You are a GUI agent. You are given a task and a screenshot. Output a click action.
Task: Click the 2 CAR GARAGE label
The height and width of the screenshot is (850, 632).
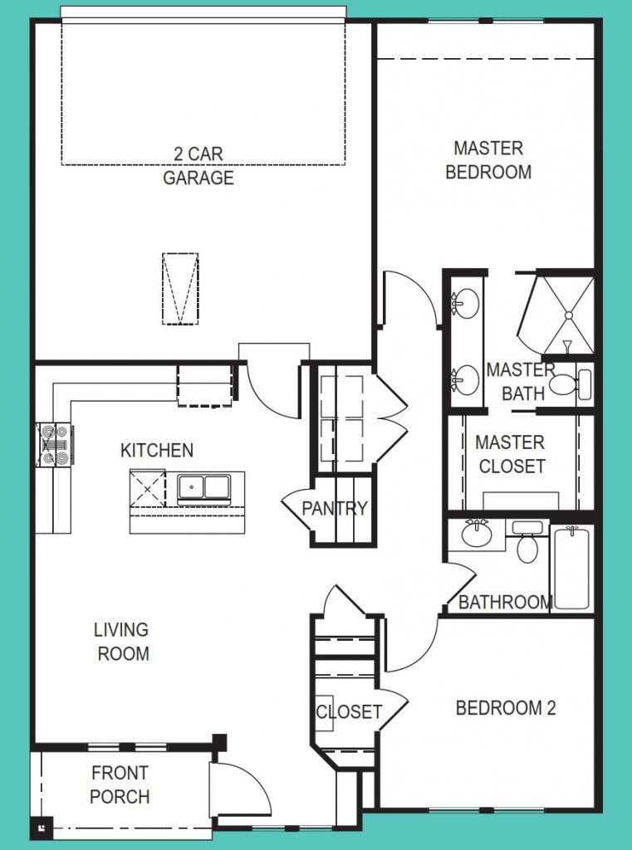click(198, 166)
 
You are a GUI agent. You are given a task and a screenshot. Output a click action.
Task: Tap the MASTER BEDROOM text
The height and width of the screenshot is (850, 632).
click(488, 160)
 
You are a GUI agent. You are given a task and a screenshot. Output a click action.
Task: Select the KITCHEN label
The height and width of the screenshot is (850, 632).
click(157, 451)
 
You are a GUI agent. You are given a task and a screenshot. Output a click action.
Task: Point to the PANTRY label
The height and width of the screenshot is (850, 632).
click(334, 509)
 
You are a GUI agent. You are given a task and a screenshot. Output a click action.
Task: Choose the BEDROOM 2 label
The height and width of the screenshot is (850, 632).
click(505, 708)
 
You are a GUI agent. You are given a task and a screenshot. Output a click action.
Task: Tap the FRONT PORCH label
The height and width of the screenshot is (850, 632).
click(120, 785)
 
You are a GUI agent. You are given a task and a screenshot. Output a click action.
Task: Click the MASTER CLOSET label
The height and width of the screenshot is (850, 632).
click(511, 455)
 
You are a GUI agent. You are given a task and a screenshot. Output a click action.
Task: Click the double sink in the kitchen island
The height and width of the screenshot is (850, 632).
click(203, 487)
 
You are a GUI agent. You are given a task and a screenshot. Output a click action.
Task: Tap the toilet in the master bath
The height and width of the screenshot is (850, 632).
click(568, 384)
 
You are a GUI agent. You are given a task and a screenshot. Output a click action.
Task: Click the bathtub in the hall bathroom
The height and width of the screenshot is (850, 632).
click(571, 567)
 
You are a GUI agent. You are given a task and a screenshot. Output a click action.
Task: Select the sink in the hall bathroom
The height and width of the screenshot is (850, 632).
click(477, 534)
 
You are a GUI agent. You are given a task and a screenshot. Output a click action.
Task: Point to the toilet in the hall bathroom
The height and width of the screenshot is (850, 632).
click(526, 544)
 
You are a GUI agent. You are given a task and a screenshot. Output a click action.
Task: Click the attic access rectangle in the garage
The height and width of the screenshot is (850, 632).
click(179, 290)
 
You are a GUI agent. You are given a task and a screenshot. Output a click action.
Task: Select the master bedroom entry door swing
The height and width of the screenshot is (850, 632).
click(409, 299)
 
